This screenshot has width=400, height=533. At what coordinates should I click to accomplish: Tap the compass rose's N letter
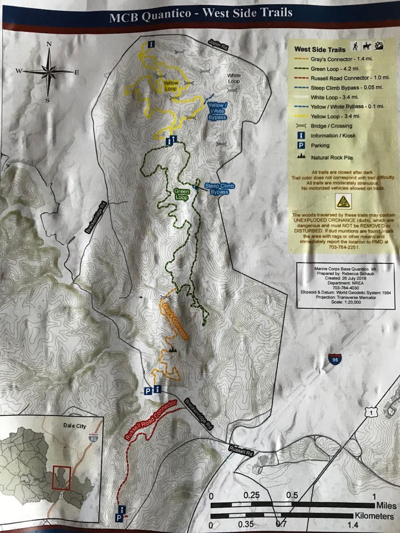(49, 44)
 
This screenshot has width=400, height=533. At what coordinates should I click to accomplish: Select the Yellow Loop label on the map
(170, 86)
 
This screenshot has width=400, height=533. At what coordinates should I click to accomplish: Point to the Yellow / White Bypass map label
(217, 111)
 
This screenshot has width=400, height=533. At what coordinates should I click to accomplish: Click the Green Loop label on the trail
(182, 194)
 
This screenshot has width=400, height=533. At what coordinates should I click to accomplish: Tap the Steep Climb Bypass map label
(219, 189)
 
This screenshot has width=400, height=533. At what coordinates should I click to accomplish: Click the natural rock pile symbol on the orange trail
(172, 350)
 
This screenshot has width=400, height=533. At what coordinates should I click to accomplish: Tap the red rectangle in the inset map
(62, 478)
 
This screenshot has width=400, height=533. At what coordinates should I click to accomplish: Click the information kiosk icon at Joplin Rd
(152, 44)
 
